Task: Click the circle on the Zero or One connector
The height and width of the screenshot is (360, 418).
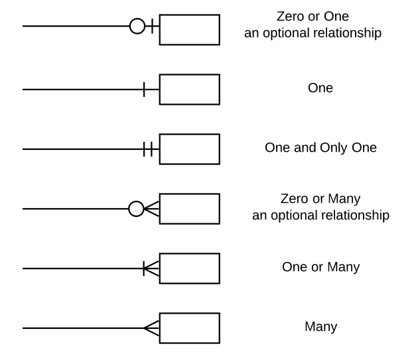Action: (137, 27)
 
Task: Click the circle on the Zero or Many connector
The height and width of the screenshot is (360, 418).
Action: (135, 209)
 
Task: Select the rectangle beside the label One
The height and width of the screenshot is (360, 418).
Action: (190, 89)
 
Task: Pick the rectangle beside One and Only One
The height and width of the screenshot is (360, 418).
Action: (190, 149)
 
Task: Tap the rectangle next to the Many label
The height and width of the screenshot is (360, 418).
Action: (190, 328)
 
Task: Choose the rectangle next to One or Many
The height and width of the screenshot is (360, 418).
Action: (190, 268)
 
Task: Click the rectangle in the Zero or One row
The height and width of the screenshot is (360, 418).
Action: (190, 29)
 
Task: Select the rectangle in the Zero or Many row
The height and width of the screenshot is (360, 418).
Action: (190, 208)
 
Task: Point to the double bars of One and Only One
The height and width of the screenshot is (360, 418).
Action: (149, 149)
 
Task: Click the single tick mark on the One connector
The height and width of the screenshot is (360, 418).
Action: (144, 89)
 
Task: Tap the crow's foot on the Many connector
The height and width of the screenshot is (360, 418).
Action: (152, 328)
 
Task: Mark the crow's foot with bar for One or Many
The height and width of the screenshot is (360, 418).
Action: (150, 268)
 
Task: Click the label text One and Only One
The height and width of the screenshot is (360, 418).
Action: (320, 148)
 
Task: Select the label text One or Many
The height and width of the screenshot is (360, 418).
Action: (320, 267)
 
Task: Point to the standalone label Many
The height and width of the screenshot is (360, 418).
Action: (320, 327)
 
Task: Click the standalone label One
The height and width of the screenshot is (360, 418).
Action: (320, 88)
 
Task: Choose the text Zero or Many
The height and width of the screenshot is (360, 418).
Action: (320, 198)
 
